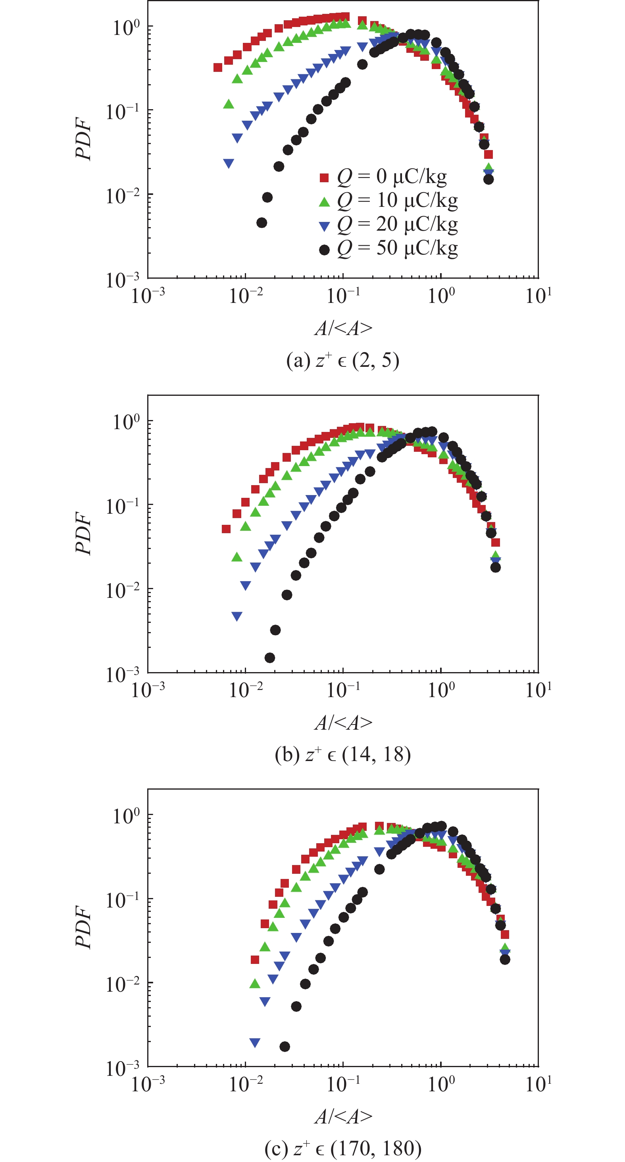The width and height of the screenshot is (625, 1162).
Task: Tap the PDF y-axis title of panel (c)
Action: pos(84,927)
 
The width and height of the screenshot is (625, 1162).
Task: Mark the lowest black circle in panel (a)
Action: pos(262,222)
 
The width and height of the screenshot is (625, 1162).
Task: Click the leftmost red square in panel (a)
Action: pos(218,67)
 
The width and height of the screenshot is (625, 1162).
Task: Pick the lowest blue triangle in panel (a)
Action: pos(229,163)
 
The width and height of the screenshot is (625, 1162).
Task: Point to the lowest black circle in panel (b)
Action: pos(270,658)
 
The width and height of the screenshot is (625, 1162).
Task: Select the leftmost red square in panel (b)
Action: pos(226,529)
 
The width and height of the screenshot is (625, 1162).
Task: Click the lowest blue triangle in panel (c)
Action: pos(255,1043)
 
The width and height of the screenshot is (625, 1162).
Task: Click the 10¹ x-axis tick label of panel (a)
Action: pos(538,296)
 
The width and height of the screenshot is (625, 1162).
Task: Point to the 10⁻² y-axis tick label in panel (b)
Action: pos(123,590)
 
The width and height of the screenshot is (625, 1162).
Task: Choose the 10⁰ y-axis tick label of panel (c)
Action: pos(126,815)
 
